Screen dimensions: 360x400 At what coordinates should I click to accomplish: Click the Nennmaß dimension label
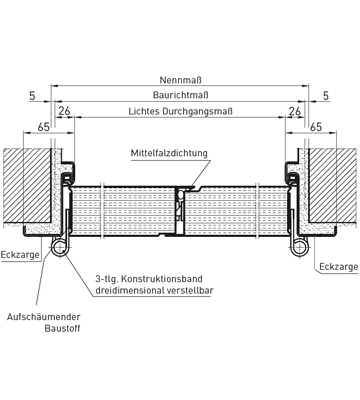click(181, 80)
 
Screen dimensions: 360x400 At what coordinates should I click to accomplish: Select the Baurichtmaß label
click(181, 95)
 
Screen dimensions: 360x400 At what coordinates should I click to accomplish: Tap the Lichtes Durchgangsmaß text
click(181, 111)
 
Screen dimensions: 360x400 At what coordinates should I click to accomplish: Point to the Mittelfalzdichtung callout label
click(169, 153)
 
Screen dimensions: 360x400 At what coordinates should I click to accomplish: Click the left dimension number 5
click(32, 96)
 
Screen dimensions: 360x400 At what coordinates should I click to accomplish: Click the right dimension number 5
click(326, 96)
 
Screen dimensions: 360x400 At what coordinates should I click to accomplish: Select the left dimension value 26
click(64, 111)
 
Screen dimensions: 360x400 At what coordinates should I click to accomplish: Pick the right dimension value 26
click(295, 111)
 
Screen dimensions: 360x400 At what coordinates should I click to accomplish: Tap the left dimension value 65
click(44, 127)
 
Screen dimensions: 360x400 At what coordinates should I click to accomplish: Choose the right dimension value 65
click(316, 127)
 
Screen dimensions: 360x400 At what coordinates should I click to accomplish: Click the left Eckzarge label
click(20, 255)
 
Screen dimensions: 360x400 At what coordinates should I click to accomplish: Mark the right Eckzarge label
click(339, 267)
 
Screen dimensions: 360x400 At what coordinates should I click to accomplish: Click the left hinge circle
click(59, 247)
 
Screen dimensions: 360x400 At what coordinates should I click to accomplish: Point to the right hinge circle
click(300, 247)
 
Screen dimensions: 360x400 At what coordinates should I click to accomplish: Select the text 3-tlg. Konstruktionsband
click(149, 279)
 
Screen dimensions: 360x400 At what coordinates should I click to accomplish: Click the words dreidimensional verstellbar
click(154, 290)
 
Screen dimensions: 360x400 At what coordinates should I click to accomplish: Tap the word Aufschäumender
click(44, 317)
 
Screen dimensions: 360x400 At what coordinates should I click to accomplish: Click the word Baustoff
click(62, 328)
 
